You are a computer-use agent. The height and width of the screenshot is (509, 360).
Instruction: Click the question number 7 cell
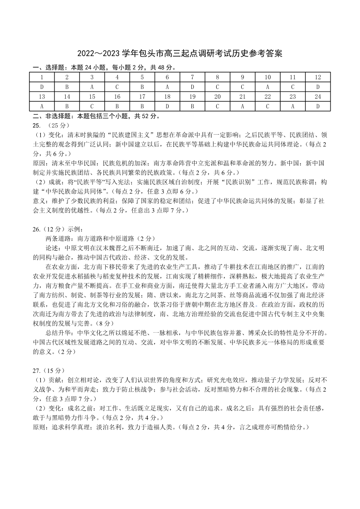click(192, 77)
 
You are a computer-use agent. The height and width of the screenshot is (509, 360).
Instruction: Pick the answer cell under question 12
click(318, 87)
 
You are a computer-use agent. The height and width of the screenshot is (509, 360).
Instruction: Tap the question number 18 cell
click(167, 97)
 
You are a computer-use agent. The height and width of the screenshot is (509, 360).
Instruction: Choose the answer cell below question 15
click(92, 106)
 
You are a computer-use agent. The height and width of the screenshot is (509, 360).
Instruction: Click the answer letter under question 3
click(92, 87)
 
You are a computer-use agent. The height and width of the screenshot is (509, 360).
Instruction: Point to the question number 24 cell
click(318, 97)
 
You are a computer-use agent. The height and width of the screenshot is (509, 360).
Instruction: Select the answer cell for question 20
click(217, 106)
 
